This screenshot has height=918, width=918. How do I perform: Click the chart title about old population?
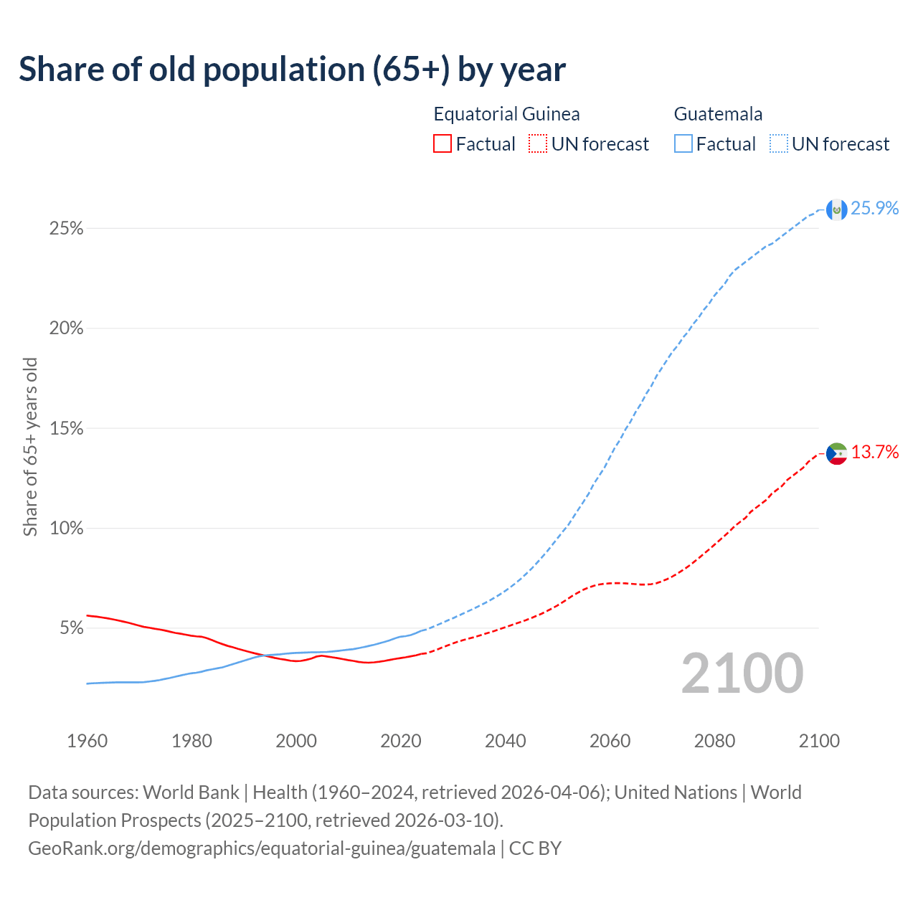point(292,70)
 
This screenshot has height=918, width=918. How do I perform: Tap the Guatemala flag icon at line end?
point(836,209)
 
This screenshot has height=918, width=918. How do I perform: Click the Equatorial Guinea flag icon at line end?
point(836,453)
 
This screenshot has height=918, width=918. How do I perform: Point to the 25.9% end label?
point(874,208)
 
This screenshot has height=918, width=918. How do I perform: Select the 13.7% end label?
point(874,452)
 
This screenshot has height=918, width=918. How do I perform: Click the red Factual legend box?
point(443,144)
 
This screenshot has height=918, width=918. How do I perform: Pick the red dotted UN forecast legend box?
point(538,144)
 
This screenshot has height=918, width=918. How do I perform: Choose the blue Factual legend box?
point(683,144)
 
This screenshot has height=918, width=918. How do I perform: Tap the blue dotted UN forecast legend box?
point(779,144)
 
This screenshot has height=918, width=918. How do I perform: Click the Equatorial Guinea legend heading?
point(506,114)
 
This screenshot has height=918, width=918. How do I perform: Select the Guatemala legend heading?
point(718,114)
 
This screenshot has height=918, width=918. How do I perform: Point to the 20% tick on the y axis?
point(66,328)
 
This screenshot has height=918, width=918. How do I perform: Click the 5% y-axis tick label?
point(71,628)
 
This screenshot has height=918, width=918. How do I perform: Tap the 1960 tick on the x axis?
point(87,741)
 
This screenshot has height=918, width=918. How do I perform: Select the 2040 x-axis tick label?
point(506,741)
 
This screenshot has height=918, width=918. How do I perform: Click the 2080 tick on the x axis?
point(714,741)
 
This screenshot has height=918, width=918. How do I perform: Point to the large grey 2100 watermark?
point(742,673)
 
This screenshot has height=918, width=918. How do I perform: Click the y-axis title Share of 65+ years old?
point(30,447)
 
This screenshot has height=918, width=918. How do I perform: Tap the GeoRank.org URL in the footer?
point(262,848)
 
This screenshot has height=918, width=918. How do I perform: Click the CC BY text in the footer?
point(535,848)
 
